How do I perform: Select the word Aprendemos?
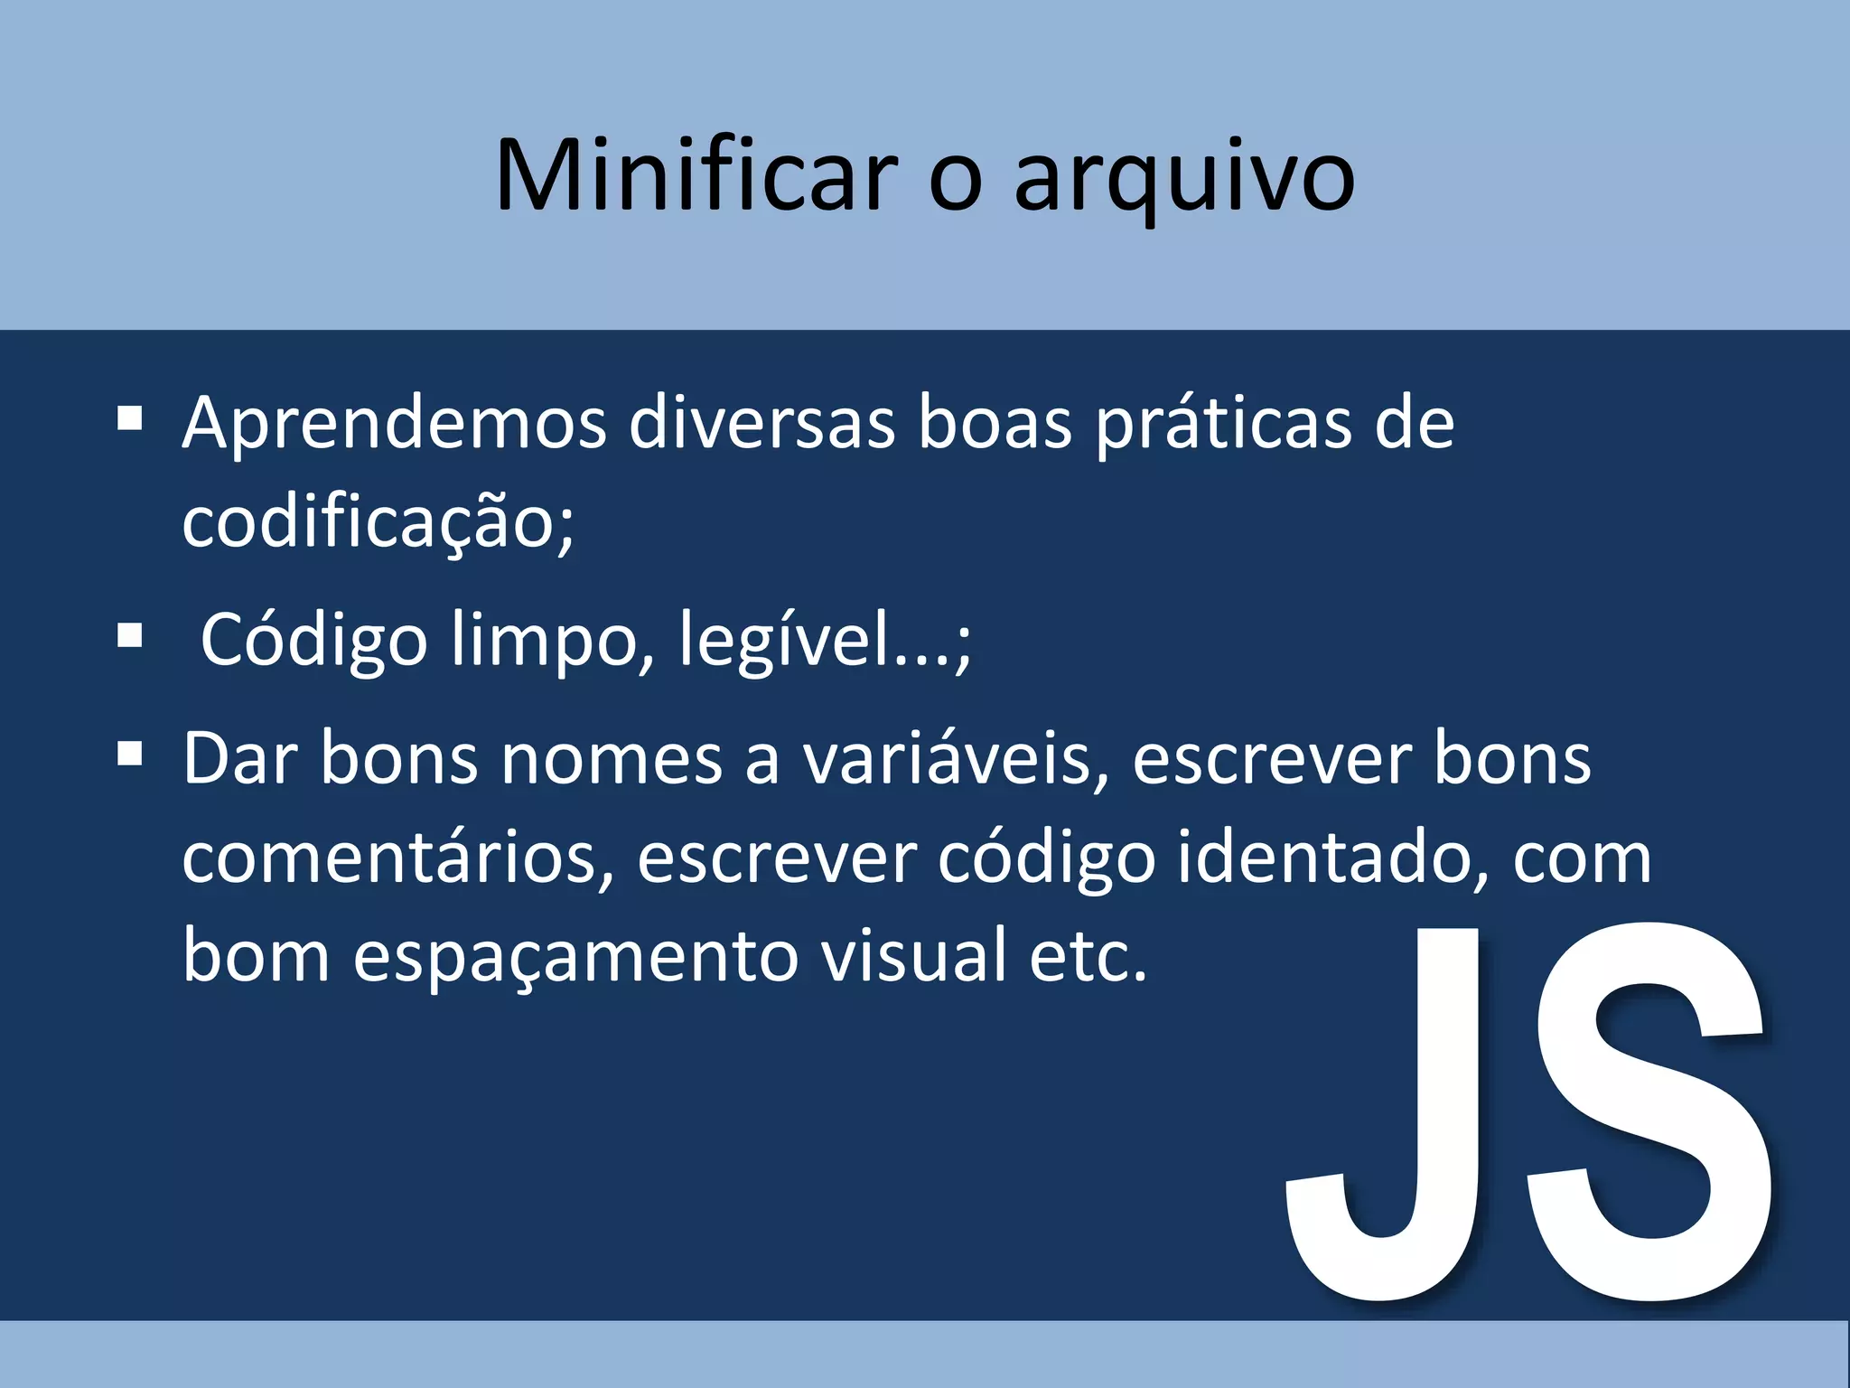394,424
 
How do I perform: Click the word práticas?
1223,424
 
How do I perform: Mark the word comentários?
397,858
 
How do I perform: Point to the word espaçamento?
575,956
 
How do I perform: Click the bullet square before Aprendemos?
130,418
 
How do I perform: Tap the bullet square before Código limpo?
130,635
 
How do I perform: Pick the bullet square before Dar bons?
130,753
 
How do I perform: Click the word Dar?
240,759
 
